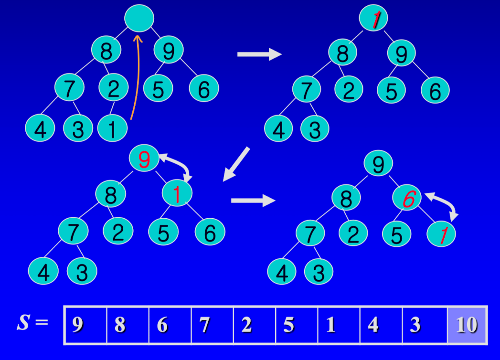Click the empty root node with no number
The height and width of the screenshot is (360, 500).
click(139, 18)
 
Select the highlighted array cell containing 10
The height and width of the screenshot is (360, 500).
click(467, 325)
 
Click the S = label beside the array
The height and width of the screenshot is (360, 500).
click(32, 323)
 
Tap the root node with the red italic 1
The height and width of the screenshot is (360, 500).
click(373, 19)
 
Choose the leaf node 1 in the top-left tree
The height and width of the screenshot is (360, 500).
click(112, 129)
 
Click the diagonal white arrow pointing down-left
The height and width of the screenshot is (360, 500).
click(237, 164)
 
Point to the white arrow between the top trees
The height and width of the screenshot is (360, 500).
click(259, 54)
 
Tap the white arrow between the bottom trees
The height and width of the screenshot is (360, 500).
click(253, 200)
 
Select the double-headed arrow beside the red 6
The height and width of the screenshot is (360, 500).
click(442, 204)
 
